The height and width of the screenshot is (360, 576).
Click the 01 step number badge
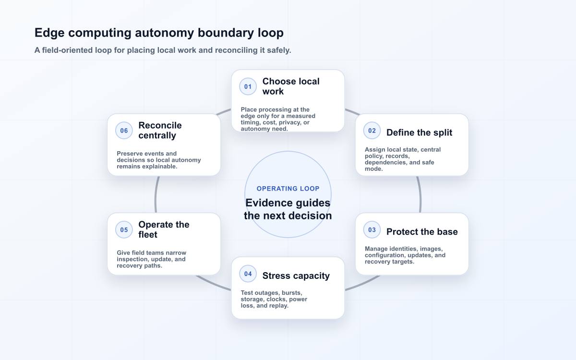click(x=248, y=87)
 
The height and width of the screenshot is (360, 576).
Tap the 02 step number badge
click(x=372, y=131)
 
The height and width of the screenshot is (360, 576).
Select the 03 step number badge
click(x=372, y=230)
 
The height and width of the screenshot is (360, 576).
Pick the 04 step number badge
click(x=248, y=274)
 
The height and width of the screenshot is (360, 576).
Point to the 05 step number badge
click(x=124, y=230)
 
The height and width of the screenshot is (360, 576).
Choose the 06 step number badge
click(x=124, y=131)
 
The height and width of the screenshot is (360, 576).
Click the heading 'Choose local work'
click(x=291, y=86)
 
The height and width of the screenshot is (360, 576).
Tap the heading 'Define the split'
click(x=419, y=132)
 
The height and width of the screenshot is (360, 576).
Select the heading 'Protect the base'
click(x=422, y=232)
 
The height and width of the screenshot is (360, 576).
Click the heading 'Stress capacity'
click(x=296, y=276)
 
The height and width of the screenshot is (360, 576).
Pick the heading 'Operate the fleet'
click(x=164, y=229)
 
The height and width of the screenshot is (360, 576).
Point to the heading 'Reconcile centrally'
click(x=160, y=131)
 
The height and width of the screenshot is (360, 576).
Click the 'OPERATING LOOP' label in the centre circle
click(x=288, y=189)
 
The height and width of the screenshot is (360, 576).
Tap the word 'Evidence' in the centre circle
click(x=266, y=203)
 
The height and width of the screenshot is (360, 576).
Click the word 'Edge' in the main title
click(x=49, y=33)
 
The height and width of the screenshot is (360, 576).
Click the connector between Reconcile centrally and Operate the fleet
click(x=156, y=195)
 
